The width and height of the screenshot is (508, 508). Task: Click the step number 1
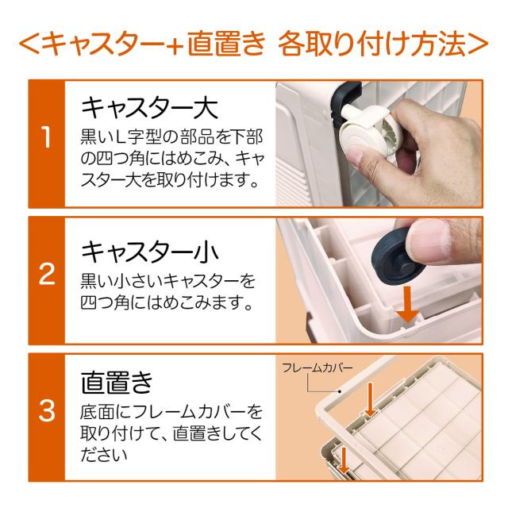[47, 137]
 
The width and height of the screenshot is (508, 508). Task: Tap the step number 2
[47, 274]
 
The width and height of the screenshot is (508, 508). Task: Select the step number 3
[47, 410]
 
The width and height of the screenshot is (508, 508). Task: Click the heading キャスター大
[149, 109]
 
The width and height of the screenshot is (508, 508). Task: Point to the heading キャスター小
[149, 252]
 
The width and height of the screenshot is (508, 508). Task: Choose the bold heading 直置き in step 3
[117, 383]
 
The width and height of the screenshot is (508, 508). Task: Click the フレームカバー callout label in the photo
[317, 368]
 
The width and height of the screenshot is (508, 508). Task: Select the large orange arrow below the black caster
[408, 304]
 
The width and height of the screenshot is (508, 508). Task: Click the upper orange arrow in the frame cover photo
[370, 399]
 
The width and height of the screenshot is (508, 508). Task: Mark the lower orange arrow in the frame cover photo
[344, 460]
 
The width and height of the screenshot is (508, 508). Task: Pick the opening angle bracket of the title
[29, 44]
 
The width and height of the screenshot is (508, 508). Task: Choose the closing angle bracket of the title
[478, 44]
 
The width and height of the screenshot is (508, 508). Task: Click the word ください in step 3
[104, 455]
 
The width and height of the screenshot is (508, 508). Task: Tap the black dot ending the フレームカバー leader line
[340, 391]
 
